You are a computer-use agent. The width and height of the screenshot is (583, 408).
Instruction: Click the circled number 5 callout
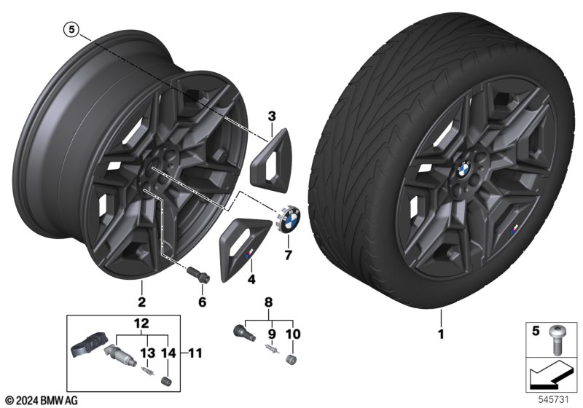[x=71, y=30]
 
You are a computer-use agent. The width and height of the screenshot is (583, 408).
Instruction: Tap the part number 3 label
[x=272, y=117]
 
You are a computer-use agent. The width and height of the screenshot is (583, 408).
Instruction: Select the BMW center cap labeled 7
[x=289, y=221]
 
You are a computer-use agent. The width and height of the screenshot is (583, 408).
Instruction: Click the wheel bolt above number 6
[x=199, y=274]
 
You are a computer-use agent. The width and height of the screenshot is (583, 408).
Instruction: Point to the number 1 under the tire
[x=441, y=334]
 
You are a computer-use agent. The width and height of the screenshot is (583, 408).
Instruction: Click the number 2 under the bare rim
[x=141, y=302]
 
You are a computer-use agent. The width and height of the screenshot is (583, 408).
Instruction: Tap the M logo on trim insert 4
[x=249, y=254]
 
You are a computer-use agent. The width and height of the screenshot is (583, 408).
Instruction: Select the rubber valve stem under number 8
[x=243, y=332]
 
